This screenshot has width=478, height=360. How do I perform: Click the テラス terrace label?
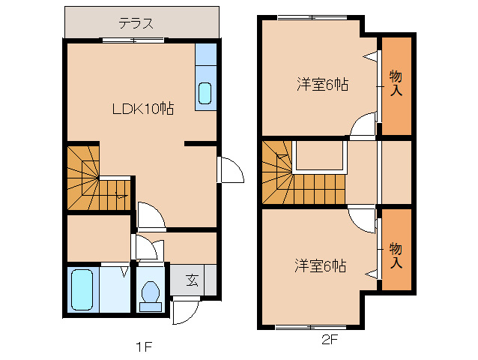pyautogui.click(x=136, y=22)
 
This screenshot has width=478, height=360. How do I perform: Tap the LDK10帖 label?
pyautogui.click(x=143, y=109)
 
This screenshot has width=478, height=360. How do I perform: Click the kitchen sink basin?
pyautogui.click(x=205, y=94)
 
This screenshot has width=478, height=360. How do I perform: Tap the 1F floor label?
pyautogui.click(x=144, y=346)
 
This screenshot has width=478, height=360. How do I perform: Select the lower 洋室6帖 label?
pyautogui.click(x=320, y=265)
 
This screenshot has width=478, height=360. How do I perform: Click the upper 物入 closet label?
pyautogui.click(x=396, y=82)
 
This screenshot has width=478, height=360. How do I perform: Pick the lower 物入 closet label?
pyautogui.click(x=396, y=255)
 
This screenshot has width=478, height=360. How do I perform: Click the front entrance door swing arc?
pyautogui.click(x=184, y=312)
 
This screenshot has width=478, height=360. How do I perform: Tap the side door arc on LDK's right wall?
pyautogui.click(x=231, y=171)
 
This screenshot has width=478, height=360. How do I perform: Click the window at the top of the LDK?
pyautogui.click(x=135, y=40)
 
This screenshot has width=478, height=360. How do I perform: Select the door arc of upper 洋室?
pyautogui.click(x=363, y=125)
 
